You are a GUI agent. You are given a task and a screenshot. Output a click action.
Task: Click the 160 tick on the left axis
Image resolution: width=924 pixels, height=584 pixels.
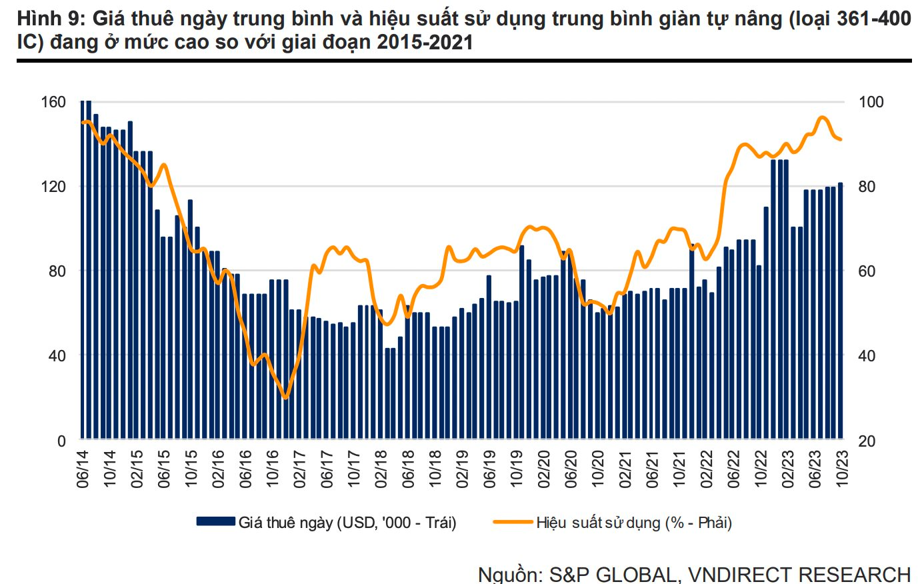(x=53, y=102)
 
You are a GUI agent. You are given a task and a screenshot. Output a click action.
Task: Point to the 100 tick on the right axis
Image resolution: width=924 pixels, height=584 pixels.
(x=871, y=102)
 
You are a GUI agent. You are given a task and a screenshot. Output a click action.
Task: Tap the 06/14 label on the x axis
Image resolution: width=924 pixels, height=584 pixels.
(x=83, y=469)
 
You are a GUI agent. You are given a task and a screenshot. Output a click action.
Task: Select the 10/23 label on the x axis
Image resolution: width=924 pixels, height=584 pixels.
(x=842, y=469)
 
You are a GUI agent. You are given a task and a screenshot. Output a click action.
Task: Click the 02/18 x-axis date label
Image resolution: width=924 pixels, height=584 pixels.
(x=381, y=469)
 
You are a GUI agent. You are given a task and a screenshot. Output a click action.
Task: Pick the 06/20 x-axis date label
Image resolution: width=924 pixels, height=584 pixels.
(x=571, y=469)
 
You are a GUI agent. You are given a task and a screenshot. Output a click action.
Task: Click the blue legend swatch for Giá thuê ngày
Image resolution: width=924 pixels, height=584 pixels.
(x=215, y=521)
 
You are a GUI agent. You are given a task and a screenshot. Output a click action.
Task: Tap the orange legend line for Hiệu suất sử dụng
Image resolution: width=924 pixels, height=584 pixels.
(x=513, y=521)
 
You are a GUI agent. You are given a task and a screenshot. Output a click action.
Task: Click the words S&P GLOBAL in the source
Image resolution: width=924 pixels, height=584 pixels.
(x=611, y=574)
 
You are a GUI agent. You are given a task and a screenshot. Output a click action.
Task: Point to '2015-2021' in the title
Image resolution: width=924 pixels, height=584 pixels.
(x=425, y=43)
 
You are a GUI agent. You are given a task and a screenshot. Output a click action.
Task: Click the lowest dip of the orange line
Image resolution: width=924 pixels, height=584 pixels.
(x=286, y=397)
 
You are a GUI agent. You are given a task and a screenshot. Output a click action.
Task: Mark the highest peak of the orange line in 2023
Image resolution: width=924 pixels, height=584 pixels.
(x=823, y=117)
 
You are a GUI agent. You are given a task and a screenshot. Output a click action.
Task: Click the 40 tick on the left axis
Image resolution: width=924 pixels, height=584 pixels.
(x=57, y=355)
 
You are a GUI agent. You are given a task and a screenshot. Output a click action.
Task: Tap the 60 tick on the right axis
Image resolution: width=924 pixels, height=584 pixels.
(x=867, y=271)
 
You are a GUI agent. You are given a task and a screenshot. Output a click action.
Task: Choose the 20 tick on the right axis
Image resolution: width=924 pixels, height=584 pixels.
(x=867, y=441)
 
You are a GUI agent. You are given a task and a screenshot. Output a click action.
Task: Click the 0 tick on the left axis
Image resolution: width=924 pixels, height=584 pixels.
(x=61, y=441)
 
